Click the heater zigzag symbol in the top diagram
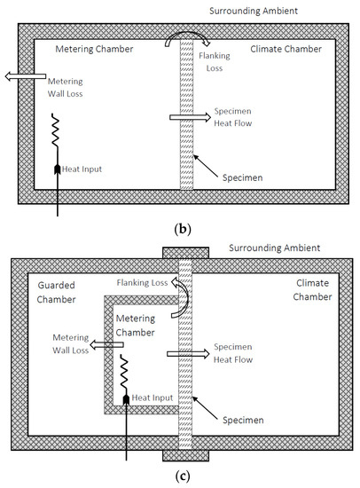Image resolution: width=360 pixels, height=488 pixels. [58, 138]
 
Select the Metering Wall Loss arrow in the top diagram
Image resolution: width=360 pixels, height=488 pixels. [16, 75]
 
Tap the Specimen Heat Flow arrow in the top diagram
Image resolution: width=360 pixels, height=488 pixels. [184, 117]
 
